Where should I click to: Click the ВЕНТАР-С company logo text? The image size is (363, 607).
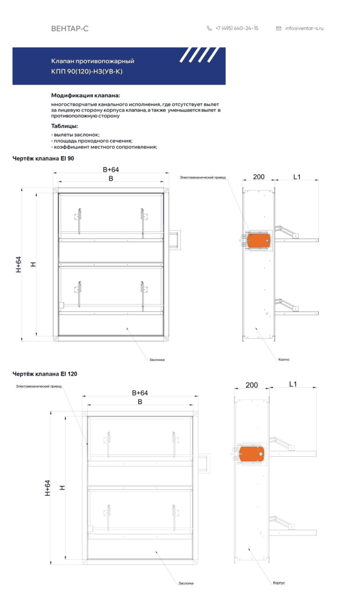70,28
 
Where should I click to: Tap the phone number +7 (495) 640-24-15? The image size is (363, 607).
237,28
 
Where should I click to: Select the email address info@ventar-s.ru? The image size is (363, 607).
304,28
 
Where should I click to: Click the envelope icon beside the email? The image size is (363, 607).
279,28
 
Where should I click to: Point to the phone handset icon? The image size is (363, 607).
209,28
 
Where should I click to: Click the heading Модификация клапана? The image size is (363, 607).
85,95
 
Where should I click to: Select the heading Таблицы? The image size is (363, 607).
65,126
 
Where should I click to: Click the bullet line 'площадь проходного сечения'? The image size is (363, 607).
92,141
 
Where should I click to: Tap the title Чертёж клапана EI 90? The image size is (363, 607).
43,159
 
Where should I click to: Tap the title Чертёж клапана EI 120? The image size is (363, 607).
44,374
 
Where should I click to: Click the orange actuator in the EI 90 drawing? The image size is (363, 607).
258,240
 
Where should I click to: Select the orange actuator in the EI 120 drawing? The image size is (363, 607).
251,454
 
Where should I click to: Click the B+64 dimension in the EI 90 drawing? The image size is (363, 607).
111,169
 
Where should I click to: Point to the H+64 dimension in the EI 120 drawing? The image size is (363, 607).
47,488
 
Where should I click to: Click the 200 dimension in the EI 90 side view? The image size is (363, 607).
259,177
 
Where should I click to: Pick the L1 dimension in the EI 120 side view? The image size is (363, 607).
293,384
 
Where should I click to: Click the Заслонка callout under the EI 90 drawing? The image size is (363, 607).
157,360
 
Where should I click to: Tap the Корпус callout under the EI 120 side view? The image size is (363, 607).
279,583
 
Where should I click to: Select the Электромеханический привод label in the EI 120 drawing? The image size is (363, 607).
39,386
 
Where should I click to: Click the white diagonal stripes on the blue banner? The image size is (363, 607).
199,55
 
